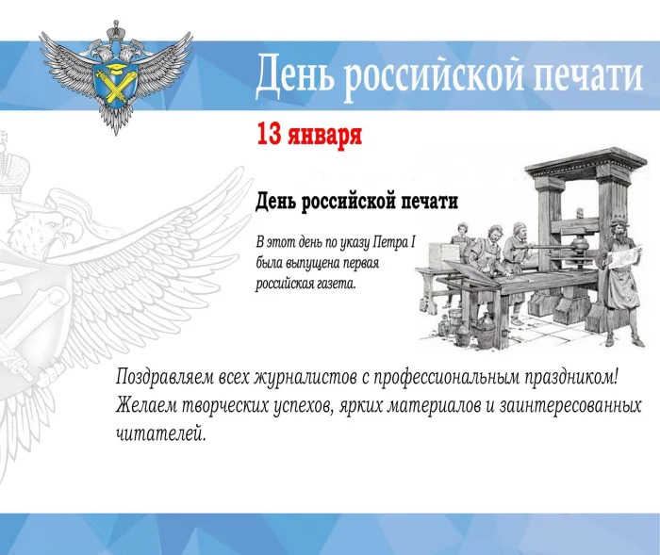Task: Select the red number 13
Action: point(269,134)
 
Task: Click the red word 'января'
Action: point(324,136)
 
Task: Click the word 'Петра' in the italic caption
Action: point(390,243)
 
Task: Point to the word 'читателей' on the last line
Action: point(161,433)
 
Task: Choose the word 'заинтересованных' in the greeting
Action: point(569,406)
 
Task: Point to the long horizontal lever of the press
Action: point(546,248)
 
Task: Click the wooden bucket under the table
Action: point(456,318)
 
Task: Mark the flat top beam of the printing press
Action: point(586,160)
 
